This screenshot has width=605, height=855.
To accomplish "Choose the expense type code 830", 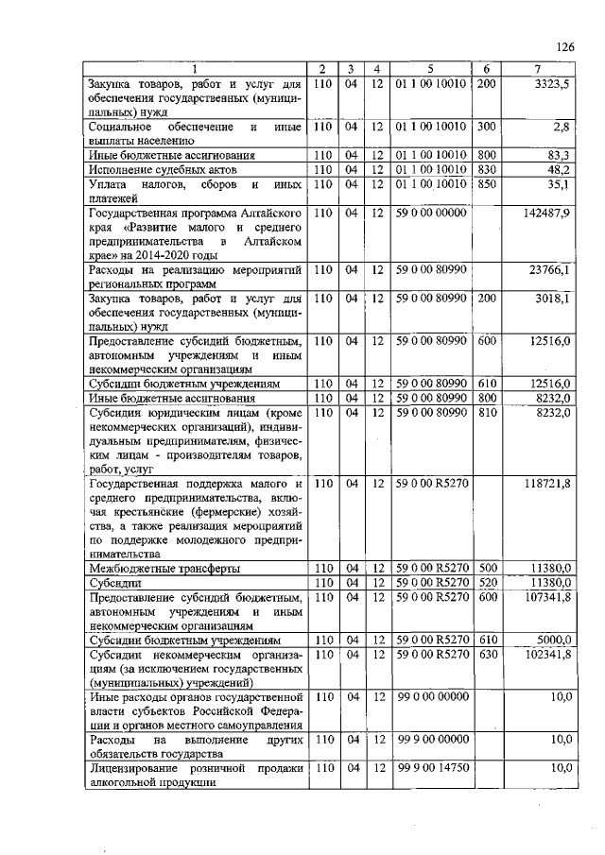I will [486, 169].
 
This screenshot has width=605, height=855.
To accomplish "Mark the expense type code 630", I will [486, 655].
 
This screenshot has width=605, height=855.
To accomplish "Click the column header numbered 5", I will [430, 69].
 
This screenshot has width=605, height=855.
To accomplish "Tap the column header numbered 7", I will [538, 69].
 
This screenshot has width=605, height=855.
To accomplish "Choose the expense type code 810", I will [486, 413].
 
